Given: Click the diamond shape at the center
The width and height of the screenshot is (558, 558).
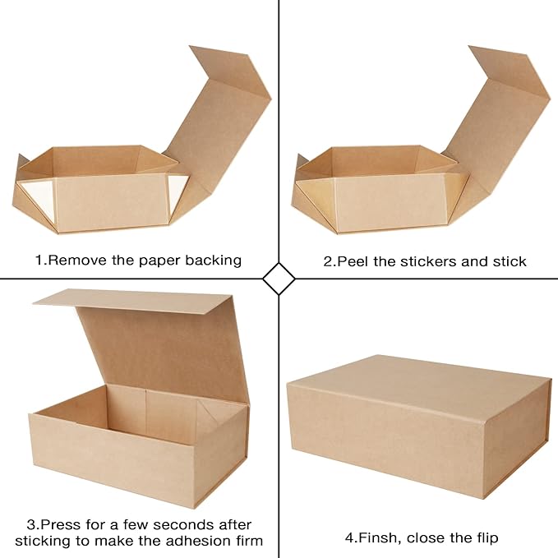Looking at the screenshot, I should [279, 279].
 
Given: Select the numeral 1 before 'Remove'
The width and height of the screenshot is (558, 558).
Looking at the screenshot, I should [38, 261].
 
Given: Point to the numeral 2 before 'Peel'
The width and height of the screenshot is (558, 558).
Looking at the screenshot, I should [328, 261].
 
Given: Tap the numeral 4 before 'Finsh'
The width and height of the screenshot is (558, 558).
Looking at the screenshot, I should [349, 538].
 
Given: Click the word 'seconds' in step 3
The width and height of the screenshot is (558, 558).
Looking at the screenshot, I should [165, 524].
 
